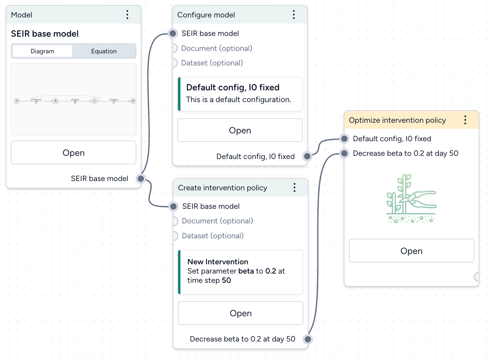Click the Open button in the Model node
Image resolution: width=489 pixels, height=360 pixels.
point(73,153)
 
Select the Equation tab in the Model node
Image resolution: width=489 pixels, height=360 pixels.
point(104,51)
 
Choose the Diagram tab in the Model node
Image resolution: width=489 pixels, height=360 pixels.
point(42,51)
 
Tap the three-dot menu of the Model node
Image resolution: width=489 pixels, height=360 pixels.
point(127,15)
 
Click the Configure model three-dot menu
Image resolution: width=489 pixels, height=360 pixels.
point(294,15)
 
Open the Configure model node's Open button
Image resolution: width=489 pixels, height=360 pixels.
point(240,130)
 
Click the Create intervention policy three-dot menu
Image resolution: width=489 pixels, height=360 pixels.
point(294,187)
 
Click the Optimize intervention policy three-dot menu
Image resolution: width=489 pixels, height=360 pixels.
point(465,120)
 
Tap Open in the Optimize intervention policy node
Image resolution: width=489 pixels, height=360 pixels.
point(411,251)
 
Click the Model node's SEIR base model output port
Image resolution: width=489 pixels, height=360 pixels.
point(141,179)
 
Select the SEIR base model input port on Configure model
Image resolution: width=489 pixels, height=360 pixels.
point(173,33)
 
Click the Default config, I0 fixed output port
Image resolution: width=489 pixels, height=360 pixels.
point(307,156)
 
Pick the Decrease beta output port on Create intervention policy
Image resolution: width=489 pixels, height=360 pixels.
point(308,339)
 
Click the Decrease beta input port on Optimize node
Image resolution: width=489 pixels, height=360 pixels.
point(344,153)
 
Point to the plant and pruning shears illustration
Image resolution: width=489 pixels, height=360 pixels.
point(411,198)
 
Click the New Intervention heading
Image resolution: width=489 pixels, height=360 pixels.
point(218,262)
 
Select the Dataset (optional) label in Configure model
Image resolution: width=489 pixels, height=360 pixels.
point(212,63)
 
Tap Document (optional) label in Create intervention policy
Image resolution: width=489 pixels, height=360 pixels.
point(217,221)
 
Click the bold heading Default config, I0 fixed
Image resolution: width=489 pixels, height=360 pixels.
point(233,88)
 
